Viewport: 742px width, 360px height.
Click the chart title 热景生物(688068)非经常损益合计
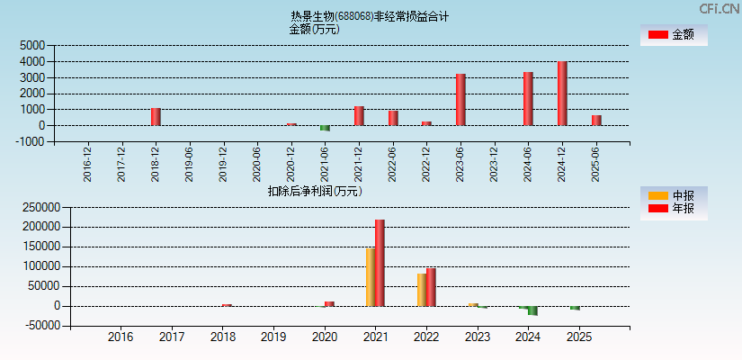[x=370, y=16]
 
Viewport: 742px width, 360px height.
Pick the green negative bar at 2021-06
[x=325, y=128]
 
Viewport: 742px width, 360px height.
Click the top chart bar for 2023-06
[x=460, y=100]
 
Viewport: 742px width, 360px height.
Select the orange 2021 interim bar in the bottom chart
[x=371, y=277]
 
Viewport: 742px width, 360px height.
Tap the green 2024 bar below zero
[x=532, y=311]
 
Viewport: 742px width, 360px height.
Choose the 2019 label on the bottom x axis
[x=273, y=337]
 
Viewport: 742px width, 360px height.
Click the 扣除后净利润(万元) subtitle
[x=314, y=191]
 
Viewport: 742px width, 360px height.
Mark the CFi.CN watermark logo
[x=720, y=9]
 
